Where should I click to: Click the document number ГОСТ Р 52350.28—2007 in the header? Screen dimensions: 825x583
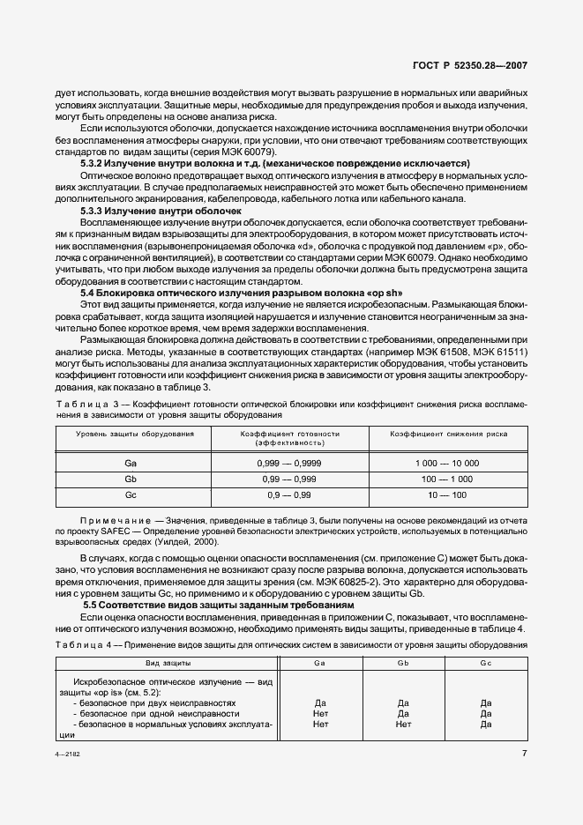coord(482,66)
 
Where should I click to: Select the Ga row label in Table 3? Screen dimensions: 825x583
coord(130,463)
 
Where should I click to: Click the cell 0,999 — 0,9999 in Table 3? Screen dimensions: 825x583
coord(289,463)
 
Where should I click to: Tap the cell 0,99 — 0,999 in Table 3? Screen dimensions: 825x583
coord(289,479)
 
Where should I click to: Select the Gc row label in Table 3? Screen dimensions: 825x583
coord(130,496)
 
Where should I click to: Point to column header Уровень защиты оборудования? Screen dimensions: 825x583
coord(134,435)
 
